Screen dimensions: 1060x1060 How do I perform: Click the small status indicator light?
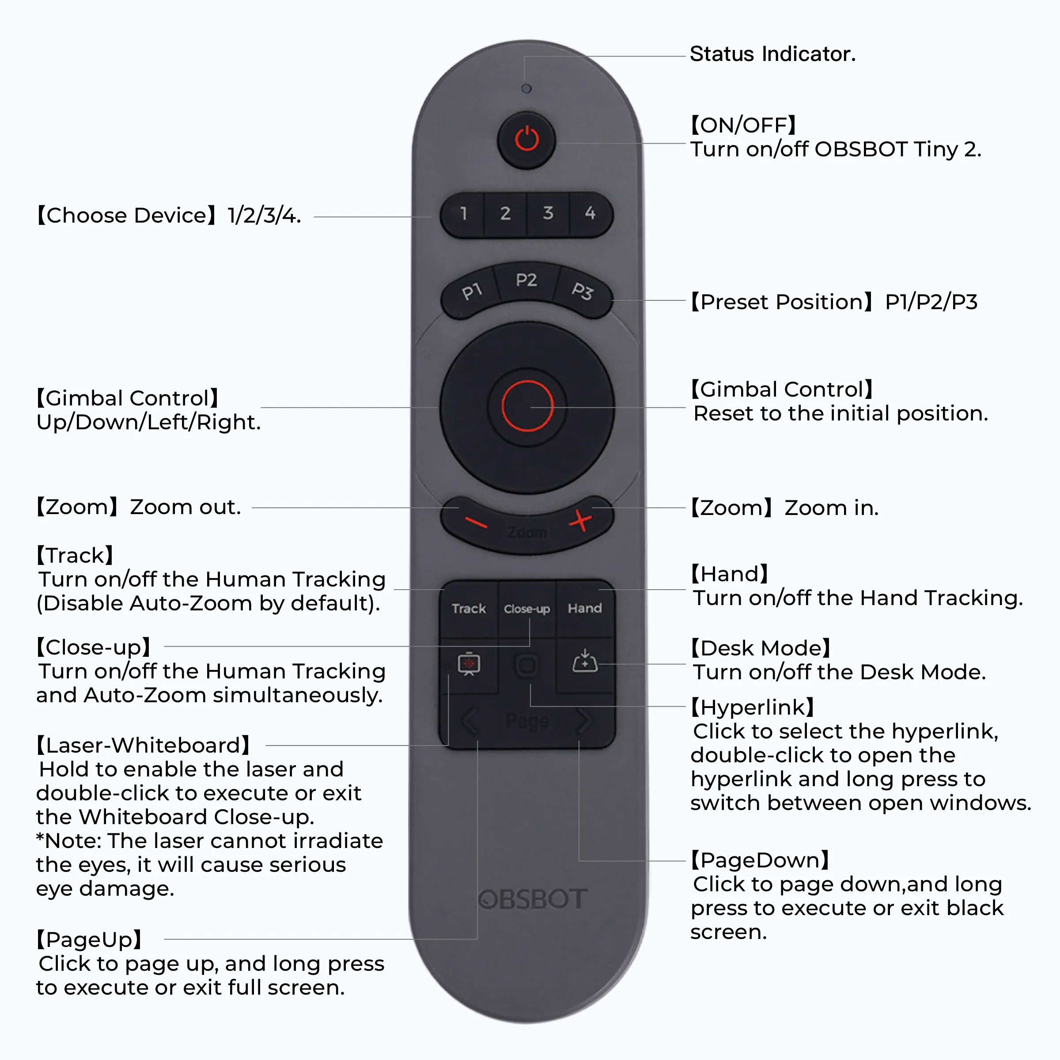526,88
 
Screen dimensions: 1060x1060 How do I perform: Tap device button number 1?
464,213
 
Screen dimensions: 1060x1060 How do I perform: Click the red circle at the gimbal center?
527,406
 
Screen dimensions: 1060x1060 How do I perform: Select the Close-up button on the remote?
527,609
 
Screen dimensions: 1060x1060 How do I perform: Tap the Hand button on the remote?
585,609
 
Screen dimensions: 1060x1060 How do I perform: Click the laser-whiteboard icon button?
469,664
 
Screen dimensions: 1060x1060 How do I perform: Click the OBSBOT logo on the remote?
532,899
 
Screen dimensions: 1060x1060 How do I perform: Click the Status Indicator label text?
772,54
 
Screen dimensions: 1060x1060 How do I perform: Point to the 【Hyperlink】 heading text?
752,708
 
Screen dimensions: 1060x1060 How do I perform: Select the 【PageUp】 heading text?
89,940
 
